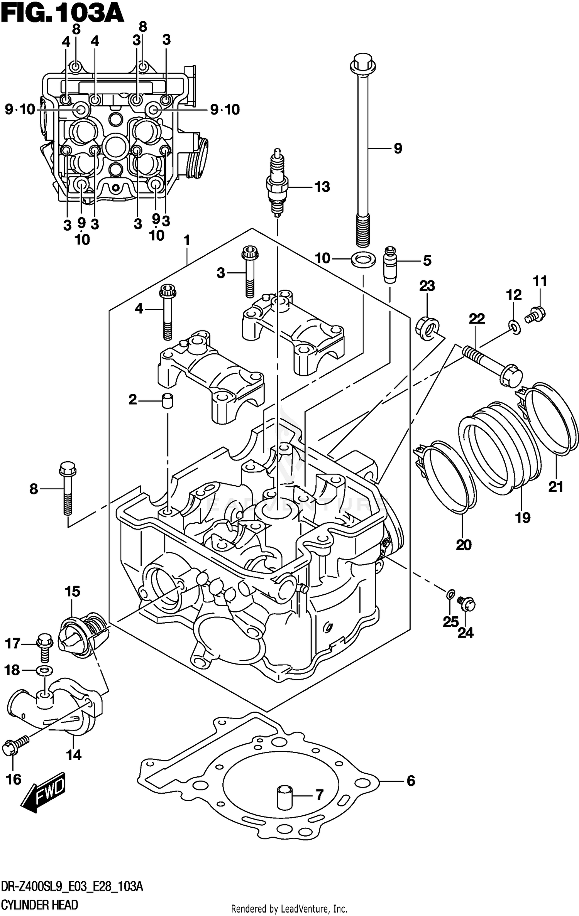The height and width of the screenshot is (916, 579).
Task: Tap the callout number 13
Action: pos(322,187)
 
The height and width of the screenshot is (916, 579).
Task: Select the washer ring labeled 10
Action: pos(363,259)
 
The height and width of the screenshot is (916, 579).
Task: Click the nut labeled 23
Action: pos(427,328)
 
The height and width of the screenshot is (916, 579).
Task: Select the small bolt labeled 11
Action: pos(537,313)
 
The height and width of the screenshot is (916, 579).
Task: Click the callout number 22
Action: pos(477,319)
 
